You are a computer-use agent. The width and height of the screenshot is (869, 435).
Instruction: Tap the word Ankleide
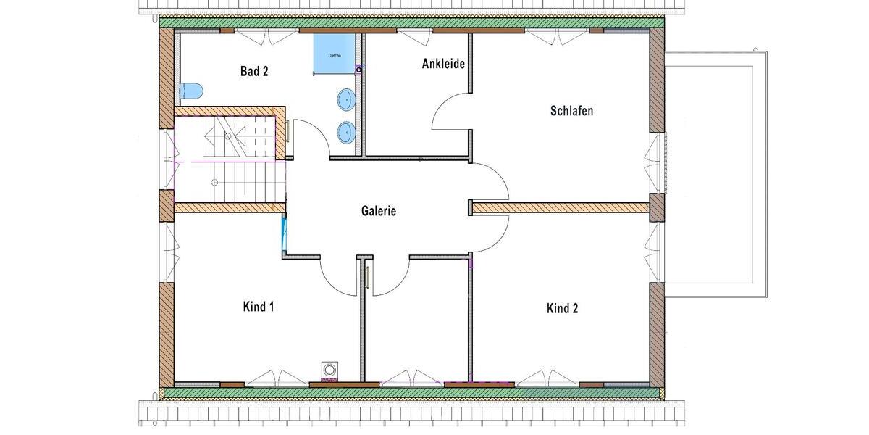[x=442, y=64]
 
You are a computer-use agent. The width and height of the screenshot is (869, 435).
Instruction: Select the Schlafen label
[x=571, y=111]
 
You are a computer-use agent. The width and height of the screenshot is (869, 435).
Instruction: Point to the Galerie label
[x=379, y=211]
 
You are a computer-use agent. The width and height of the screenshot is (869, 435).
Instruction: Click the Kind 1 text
[x=258, y=307]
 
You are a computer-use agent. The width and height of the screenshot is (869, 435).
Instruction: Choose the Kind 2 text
[x=562, y=308]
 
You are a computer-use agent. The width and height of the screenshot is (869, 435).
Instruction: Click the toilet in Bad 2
[x=190, y=91]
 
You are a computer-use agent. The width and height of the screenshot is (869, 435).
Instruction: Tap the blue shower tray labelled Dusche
[x=332, y=55]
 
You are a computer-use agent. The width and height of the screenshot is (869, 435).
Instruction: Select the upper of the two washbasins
[x=347, y=98]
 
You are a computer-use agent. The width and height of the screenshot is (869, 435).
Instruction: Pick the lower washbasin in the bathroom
[x=347, y=131]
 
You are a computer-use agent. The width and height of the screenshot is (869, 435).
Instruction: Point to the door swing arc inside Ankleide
[x=449, y=112]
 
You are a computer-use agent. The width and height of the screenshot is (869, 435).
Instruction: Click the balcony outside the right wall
[x=717, y=174]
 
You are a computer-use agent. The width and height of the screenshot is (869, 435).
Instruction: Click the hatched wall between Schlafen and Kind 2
[x=561, y=208]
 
